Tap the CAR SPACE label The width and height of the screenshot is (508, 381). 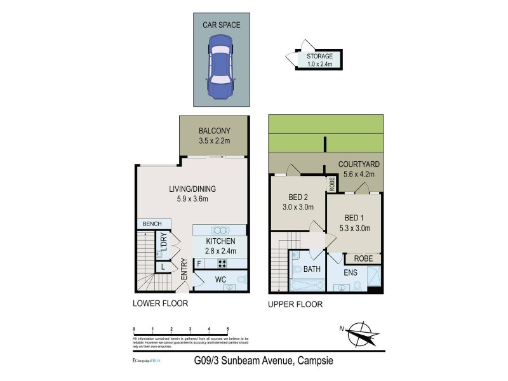(221, 25)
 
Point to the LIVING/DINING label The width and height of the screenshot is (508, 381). (192, 189)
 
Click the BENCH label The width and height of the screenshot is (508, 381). (152, 224)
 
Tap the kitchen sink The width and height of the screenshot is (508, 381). (220, 230)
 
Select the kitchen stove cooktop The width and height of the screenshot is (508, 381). (224, 263)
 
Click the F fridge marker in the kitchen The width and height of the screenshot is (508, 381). (199, 263)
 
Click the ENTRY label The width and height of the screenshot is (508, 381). (184, 270)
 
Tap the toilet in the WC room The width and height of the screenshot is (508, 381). (241, 279)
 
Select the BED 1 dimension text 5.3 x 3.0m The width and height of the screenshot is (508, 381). (354, 229)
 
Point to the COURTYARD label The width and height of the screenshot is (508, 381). (356, 164)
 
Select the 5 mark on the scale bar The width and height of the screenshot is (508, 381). (228, 329)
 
